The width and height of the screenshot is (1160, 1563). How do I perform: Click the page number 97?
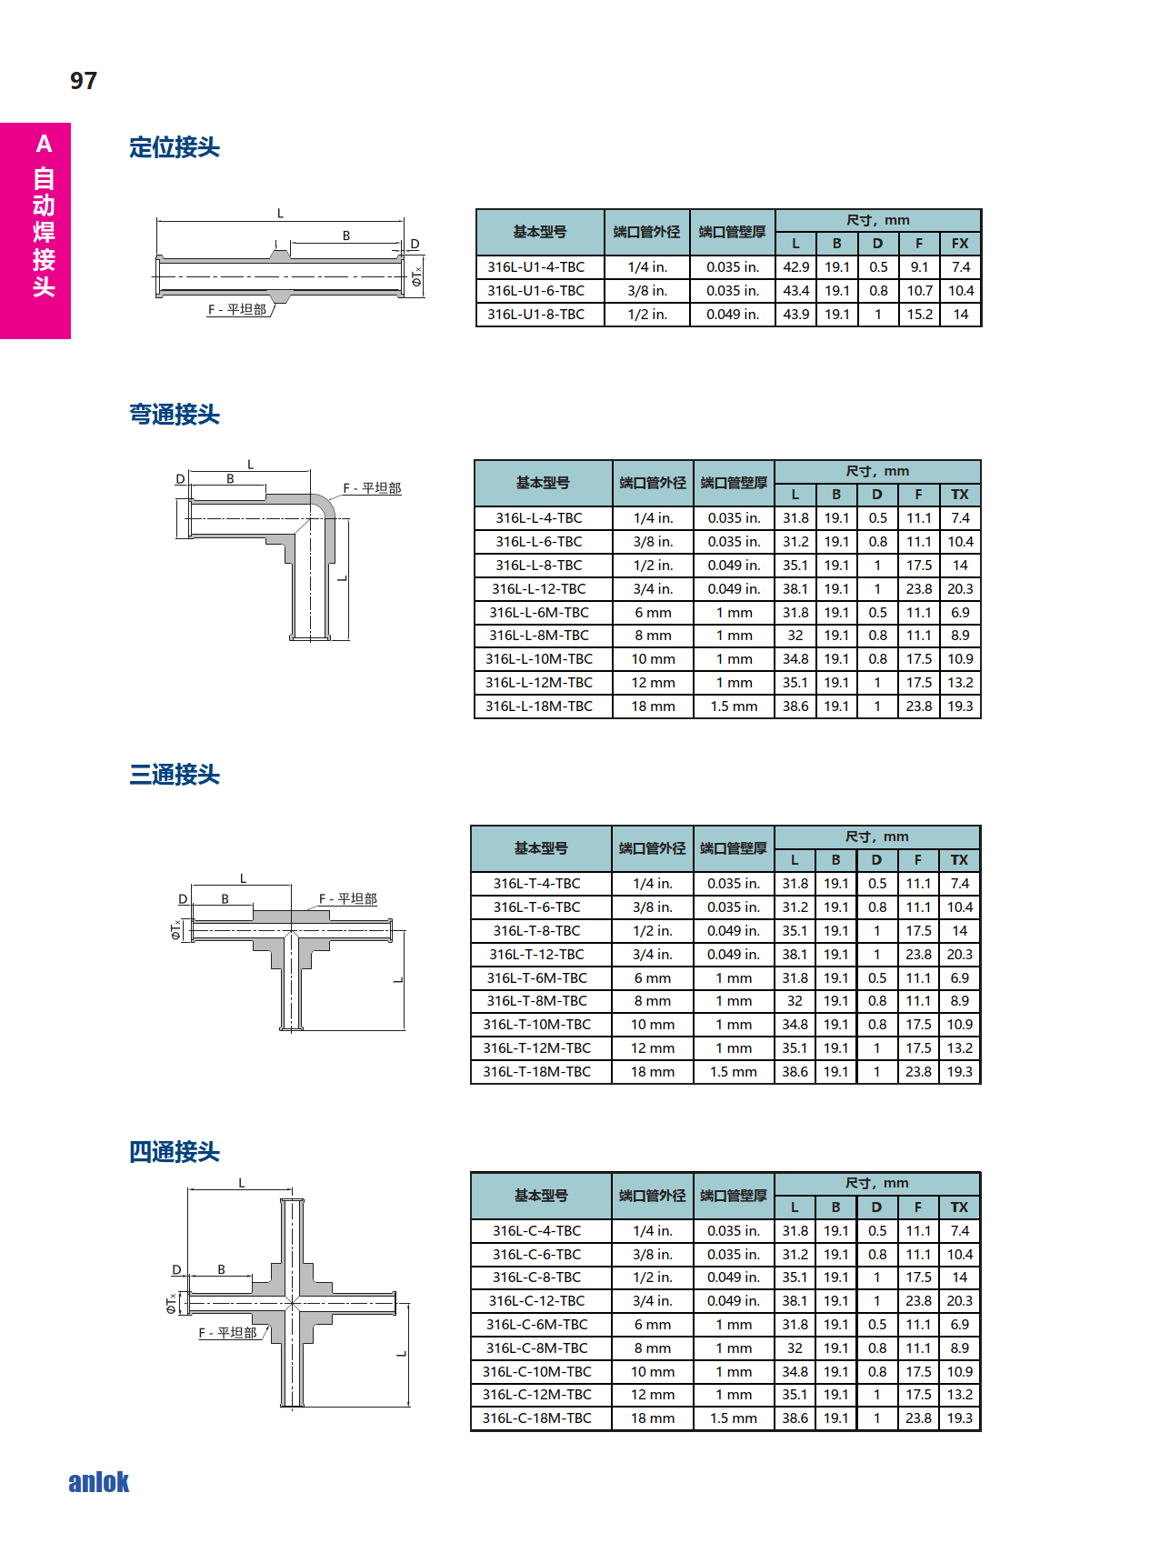tap(84, 81)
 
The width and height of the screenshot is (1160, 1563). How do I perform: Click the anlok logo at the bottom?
tap(99, 1482)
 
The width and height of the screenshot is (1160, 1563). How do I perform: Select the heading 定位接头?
tap(175, 147)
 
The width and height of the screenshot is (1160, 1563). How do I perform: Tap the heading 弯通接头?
tap(175, 415)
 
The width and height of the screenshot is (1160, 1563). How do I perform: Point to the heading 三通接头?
tap(175, 775)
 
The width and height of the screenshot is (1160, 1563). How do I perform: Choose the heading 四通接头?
tap(175, 1152)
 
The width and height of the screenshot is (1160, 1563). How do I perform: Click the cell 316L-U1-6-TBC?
tap(536, 291)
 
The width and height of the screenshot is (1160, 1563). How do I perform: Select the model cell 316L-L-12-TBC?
tap(539, 589)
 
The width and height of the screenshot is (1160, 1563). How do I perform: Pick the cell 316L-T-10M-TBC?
tap(537, 1025)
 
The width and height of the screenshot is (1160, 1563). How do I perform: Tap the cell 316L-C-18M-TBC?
tap(537, 1418)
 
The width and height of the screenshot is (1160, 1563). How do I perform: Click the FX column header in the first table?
tap(960, 244)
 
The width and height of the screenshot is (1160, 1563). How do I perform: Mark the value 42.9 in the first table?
tap(796, 267)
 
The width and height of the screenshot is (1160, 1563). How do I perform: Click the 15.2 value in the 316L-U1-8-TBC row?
tap(919, 315)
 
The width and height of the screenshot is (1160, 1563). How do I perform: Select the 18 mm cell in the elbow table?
tap(654, 706)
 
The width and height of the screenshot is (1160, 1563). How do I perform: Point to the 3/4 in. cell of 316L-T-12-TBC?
tap(653, 955)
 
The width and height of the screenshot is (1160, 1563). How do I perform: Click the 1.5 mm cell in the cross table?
tap(734, 1418)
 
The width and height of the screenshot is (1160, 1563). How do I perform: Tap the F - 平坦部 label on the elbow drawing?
tap(372, 488)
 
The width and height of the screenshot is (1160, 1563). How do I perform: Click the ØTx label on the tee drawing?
tap(175, 930)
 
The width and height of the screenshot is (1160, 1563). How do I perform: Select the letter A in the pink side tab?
tap(44, 144)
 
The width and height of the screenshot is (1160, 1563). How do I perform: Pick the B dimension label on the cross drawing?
tap(221, 1269)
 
